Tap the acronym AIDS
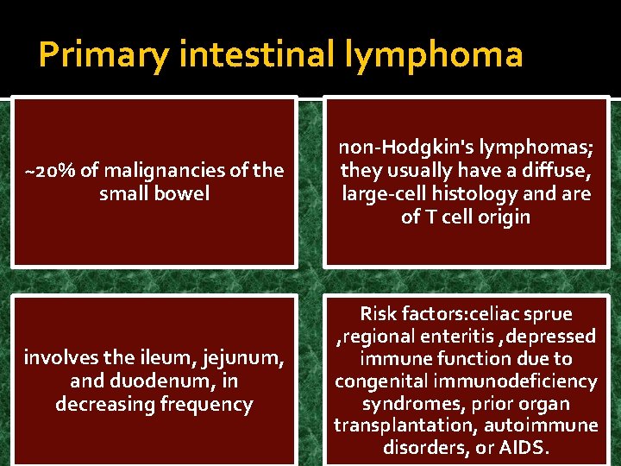coord(526,448)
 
